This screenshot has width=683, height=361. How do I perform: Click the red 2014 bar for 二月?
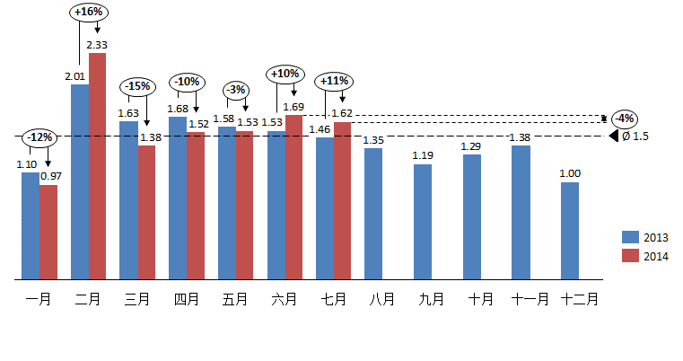pos(97,166)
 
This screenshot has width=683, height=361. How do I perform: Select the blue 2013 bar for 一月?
pos(31,225)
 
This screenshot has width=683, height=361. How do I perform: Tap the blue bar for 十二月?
pos(569,231)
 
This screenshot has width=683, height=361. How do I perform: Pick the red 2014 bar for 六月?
pos(293,197)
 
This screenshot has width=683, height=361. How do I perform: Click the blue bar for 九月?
pos(423,222)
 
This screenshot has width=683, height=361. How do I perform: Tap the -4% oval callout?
pos(624,119)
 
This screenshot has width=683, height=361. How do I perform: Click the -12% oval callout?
pos(39,137)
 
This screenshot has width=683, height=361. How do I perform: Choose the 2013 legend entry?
pos(646,236)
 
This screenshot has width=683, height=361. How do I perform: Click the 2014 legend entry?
pos(646,256)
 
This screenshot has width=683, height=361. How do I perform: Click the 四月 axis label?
pos(187,300)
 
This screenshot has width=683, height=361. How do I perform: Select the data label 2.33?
pos(97,45)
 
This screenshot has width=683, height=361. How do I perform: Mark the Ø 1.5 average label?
pos(635,136)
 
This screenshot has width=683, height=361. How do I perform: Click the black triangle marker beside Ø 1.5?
pos(614,136)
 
